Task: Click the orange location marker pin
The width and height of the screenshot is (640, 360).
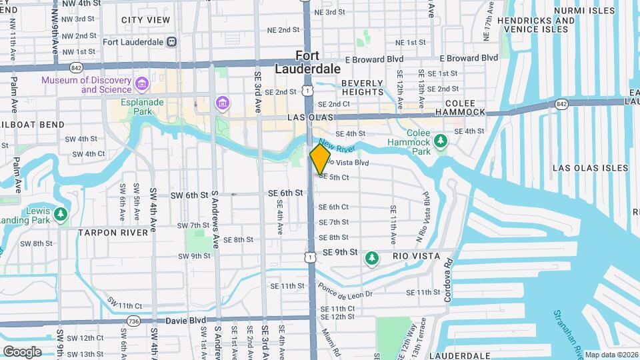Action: click(x=320, y=159)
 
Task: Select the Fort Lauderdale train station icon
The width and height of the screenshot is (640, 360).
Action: click(x=172, y=41)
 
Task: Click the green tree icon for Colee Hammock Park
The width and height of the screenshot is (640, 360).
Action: click(x=440, y=141)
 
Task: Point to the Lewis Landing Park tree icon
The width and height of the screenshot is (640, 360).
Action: click(x=61, y=214)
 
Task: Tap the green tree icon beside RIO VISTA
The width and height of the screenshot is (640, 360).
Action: click(x=373, y=257)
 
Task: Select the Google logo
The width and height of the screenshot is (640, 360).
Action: click(x=22, y=351)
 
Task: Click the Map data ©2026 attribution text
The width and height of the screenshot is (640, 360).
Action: click(x=611, y=355)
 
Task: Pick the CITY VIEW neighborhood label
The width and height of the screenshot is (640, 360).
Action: click(x=145, y=20)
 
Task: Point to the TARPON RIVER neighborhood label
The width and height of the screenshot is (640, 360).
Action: click(x=113, y=233)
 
